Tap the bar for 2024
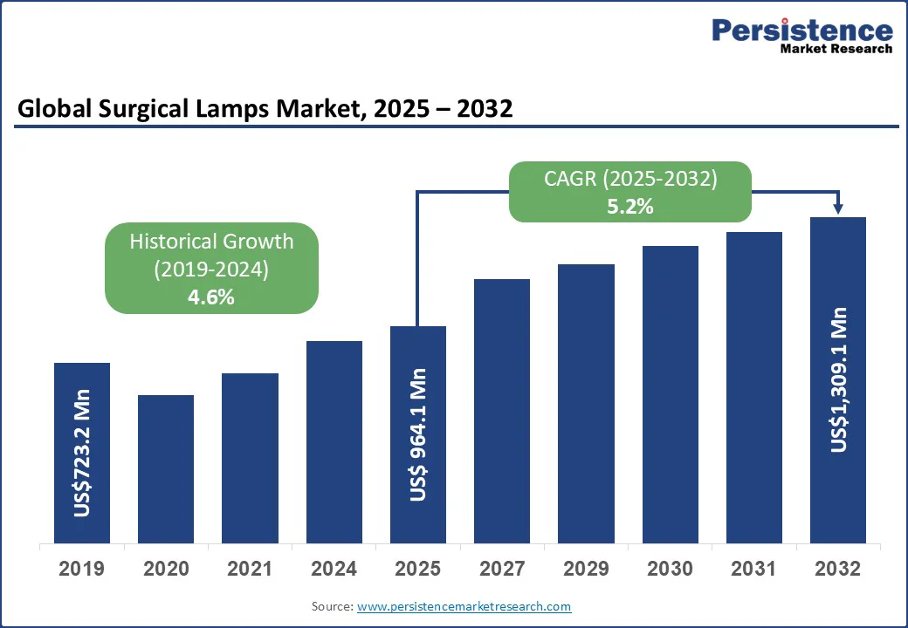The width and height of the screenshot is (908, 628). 334,442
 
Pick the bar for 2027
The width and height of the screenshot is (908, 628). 502,411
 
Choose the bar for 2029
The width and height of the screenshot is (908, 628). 586,403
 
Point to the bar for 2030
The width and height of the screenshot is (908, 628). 671,394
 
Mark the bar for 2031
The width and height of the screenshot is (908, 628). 754,387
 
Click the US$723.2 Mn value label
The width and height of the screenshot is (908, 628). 82,453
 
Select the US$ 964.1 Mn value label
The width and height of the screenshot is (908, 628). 418,434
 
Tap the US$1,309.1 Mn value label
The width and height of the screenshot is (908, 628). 839,379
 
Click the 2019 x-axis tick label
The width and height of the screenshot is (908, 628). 82,570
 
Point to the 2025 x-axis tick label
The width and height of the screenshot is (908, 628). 418,570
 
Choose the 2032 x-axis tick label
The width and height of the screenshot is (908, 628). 838,570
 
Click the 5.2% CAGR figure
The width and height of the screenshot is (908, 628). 629,207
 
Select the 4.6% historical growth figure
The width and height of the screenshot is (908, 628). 211,297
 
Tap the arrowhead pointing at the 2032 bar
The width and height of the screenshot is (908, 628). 838,208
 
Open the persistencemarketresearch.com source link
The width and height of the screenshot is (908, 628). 464,606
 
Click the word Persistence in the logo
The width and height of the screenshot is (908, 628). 802,31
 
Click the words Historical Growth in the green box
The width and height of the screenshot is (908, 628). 211,242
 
